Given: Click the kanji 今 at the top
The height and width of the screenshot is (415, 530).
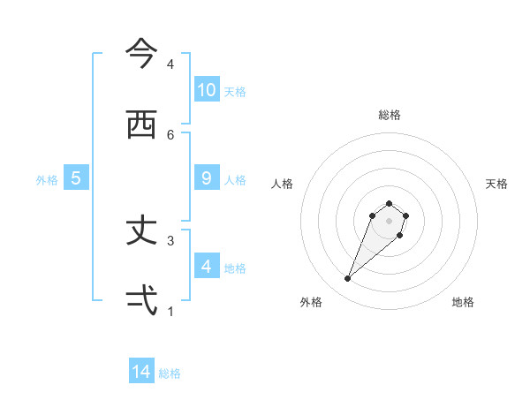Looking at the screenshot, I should (141, 54).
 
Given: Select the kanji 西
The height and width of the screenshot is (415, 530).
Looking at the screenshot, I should (141, 124).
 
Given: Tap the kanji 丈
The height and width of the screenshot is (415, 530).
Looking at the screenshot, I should (141, 230).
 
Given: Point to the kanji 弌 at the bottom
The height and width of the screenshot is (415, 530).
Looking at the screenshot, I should (141, 301).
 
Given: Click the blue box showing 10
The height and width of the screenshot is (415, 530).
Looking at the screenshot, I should (207, 89).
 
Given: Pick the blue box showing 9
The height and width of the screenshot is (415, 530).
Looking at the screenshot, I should (207, 177).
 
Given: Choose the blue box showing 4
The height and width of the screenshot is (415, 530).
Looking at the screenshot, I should (207, 266).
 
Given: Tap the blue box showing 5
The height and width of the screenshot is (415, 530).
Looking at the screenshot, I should (76, 177).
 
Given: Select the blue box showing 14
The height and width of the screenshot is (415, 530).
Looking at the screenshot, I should (141, 372).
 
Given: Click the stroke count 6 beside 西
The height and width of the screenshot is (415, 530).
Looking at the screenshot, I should (170, 134).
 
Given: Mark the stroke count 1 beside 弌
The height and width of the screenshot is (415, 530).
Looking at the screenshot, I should (170, 311).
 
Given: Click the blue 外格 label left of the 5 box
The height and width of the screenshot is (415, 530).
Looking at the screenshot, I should (47, 179).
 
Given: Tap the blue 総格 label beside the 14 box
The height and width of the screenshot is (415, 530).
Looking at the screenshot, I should (170, 373).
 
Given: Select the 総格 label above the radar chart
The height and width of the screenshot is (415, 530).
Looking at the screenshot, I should (390, 115).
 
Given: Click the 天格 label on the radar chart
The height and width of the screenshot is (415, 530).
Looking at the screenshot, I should (496, 184).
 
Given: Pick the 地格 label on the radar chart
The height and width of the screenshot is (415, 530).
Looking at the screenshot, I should (463, 303).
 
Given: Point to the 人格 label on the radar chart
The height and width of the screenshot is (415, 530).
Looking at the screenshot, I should (282, 184).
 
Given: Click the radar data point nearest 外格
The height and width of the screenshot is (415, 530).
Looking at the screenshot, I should (348, 279).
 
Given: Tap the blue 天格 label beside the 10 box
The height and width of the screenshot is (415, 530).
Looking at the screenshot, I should (235, 91).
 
